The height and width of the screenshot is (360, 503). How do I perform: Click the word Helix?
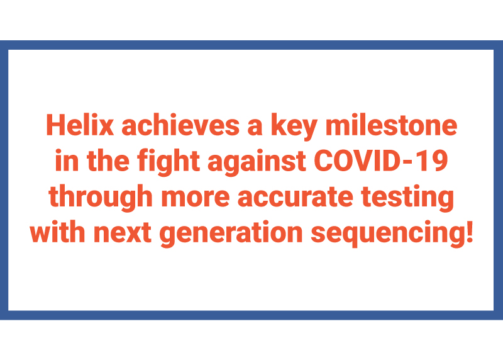[x=80, y=125]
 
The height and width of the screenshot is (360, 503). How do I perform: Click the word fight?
[x=169, y=162]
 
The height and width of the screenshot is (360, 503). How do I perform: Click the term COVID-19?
[x=381, y=160]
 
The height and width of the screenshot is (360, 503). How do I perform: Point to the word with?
[x=58, y=232]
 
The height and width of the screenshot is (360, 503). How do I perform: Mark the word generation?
[x=231, y=233]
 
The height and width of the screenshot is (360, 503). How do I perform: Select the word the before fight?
[x=108, y=160]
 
